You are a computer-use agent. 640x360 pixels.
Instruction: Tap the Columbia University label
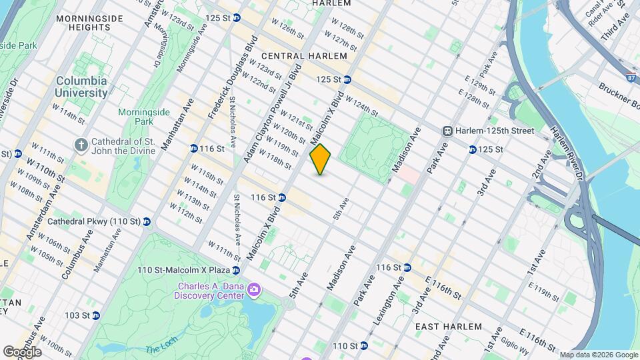coord(82,87)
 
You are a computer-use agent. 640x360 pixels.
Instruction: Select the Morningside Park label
coord(140,117)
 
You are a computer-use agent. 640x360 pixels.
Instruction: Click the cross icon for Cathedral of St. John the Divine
coord(81,145)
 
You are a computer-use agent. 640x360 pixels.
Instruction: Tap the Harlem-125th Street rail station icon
coord(448,131)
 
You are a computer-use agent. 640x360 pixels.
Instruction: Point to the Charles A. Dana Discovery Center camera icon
coord(253,289)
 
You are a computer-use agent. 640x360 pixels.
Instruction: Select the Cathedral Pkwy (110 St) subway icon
coord(146,221)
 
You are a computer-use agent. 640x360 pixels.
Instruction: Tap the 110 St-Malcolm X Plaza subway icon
coord(235,270)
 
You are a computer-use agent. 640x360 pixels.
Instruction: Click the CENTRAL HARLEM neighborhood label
coord(304,57)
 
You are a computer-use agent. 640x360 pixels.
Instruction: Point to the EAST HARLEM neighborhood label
coord(448,327)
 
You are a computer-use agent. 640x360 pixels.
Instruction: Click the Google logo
coord(22,352)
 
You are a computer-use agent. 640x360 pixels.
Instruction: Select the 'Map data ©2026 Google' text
coord(598,355)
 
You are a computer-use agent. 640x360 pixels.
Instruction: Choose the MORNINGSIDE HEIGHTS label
coord(83,23)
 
